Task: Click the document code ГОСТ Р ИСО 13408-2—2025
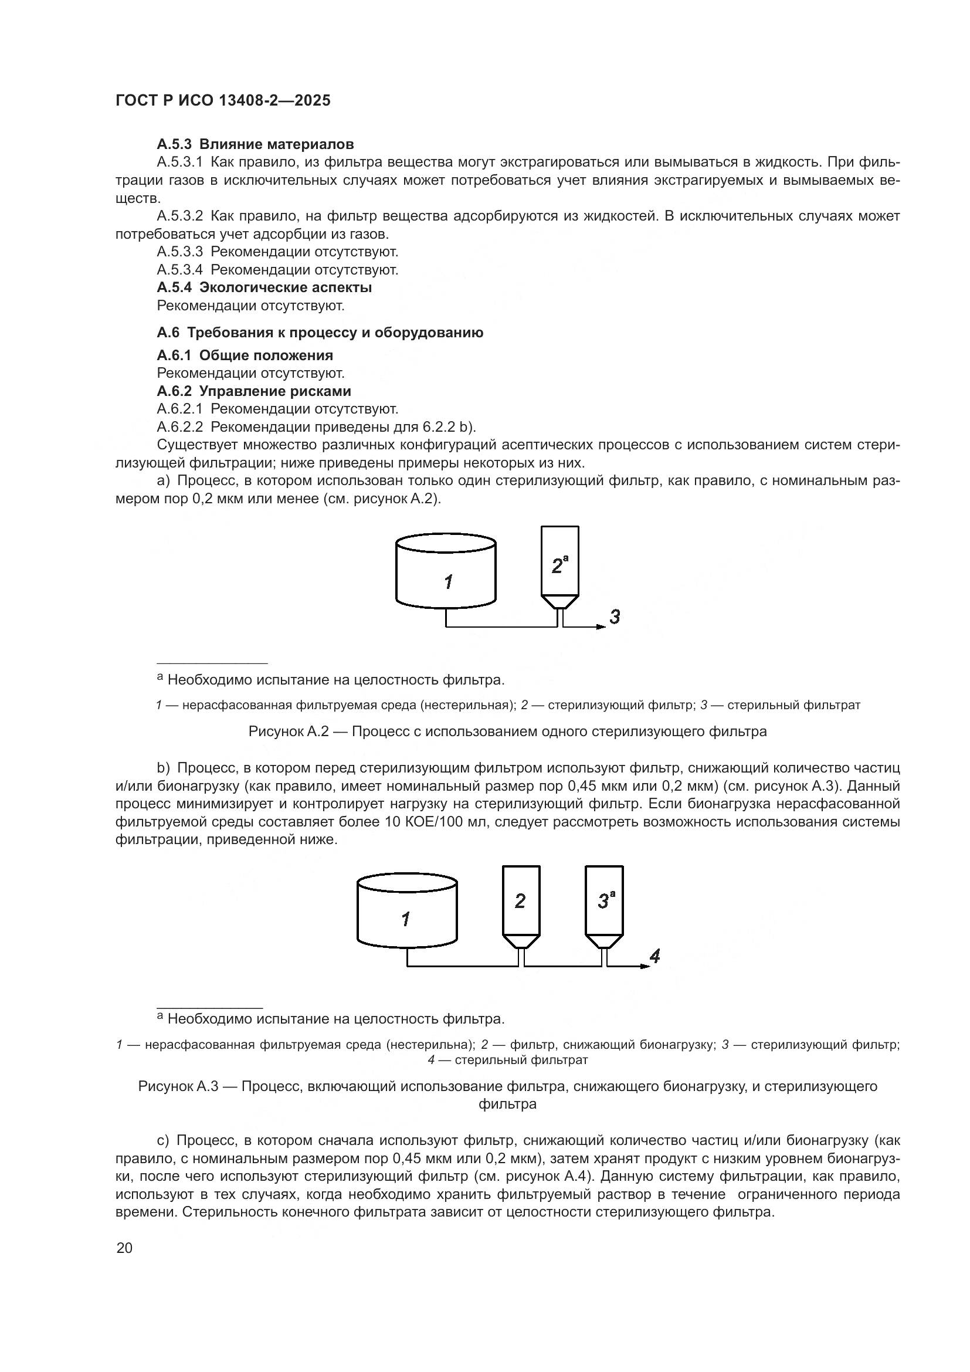click(x=223, y=101)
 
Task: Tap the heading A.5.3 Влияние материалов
click(x=255, y=144)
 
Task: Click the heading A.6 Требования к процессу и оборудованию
click(x=320, y=332)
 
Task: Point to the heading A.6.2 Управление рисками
click(x=254, y=391)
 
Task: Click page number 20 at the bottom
click(x=124, y=1248)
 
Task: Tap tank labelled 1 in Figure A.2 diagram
click(x=446, y=574)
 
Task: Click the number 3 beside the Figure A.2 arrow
click(x=615, y=616)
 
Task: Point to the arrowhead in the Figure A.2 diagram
click(x=602, y=627)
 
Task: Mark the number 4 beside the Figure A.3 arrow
click(x=654, y=957)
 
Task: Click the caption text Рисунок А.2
click(x=289, y=731)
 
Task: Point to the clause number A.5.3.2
click(x=180, y=216)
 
